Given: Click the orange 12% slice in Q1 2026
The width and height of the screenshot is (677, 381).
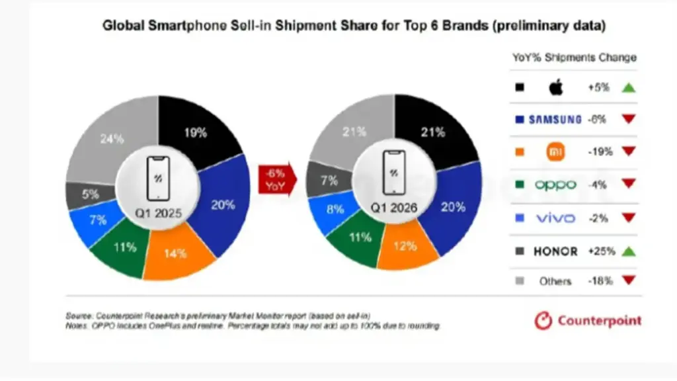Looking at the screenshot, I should point(406,246).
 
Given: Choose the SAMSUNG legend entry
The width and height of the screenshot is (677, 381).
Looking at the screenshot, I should point(555,120).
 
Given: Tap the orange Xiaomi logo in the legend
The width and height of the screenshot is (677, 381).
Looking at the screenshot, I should point(555,151).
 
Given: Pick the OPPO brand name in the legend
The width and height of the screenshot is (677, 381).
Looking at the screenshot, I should point(555,185).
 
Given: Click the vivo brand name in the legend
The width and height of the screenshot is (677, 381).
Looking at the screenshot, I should point(555,217).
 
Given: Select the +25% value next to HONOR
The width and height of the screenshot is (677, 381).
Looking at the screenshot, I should point(599,251).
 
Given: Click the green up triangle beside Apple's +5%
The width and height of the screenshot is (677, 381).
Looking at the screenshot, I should point(628,87).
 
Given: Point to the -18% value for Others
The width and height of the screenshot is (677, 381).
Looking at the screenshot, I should point(599,280).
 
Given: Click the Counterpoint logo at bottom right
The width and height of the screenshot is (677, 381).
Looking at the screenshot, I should point(588,321).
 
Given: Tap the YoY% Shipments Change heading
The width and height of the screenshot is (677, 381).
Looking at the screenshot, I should point(574,58).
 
